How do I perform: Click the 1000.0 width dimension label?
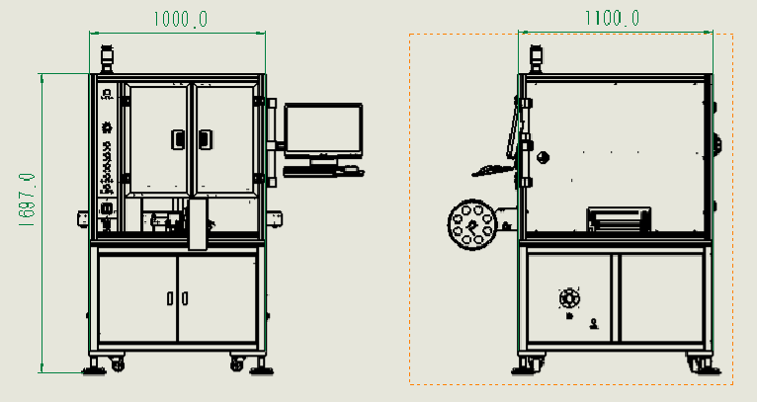coord(181,19)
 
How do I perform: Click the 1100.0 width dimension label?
coord(612,18)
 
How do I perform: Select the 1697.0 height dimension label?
coord(27,201)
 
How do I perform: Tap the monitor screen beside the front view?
coord(323,130)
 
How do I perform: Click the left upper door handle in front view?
coord(178,139)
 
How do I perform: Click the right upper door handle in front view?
coord(206,139)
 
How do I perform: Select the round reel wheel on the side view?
coord(472,224)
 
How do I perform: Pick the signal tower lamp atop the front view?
coord(107,59)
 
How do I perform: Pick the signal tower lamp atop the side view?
coord(536,59)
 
